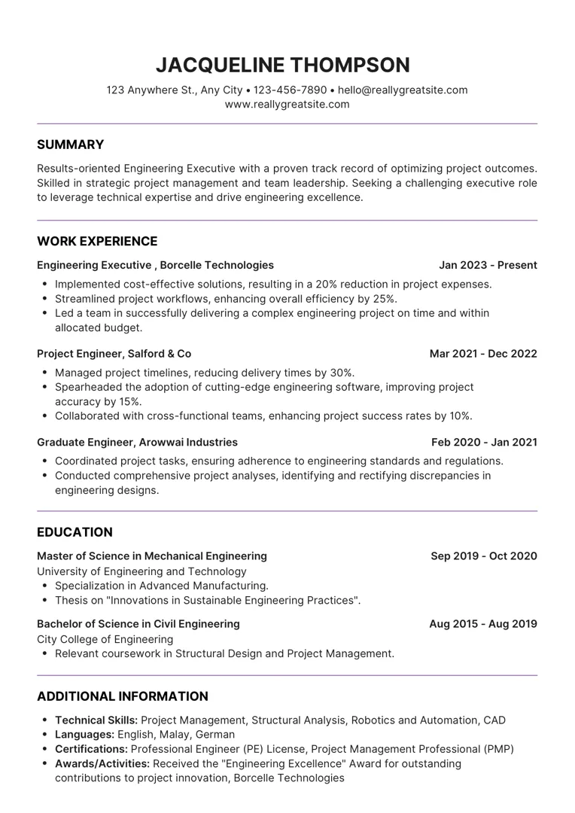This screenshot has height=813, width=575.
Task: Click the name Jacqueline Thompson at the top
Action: (287, 65)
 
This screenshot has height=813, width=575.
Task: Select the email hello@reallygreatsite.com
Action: (403, 90)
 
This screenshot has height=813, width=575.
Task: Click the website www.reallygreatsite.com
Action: (287, 105)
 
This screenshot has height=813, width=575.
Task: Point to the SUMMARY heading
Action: (70, 145)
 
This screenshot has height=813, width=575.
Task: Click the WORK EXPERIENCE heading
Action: (97, 242)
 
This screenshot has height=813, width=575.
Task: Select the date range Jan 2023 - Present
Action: (488, 265)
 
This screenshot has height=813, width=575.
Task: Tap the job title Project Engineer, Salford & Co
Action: (114, 354)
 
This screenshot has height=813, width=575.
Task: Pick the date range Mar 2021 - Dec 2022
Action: (483, 354)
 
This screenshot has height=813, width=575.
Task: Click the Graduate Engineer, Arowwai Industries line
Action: (137, 443)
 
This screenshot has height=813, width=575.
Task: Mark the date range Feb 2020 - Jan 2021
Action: (484, 443)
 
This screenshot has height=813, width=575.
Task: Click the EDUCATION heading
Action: (75, 532)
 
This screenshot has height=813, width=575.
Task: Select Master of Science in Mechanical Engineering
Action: (151, 556)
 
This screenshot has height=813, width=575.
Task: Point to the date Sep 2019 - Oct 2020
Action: (483, 556)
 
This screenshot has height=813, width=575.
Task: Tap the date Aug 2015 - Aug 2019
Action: (482, 624)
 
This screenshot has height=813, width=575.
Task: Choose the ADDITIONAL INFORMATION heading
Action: (122, 696)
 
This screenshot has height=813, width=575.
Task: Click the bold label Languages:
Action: (84, 735)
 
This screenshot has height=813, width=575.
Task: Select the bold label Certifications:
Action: (91, 749)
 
